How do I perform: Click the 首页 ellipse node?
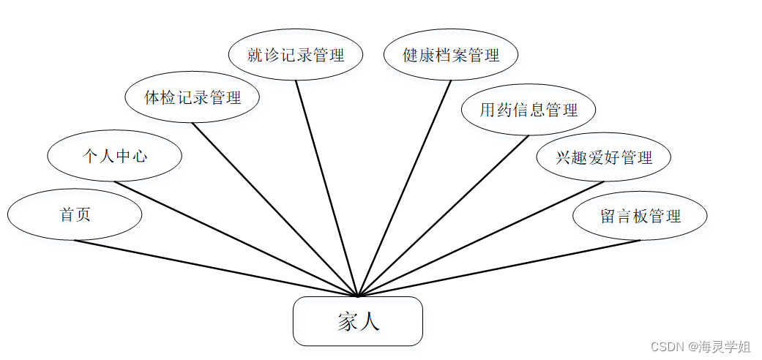pyautogui.click(x=75, y=215)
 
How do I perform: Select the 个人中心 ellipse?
pyautogui.click(x=114, y=156)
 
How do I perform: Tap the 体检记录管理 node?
pyautogui.click(x=193, y=97)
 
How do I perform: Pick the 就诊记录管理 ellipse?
pyautogui.click(x=296, y=55)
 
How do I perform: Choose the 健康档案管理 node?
pyautogui.click(x=451, y=55)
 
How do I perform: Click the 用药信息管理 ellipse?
pyautogui.click(x=528, y=110)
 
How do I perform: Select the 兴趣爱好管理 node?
pyautogui.click(x=603, y=157)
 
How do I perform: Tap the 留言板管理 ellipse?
pyautogui.click(x=640, y=216)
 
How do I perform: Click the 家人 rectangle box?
pyautogui.click(x=358, y=321)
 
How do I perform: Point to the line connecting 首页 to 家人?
pyautogui.click(x=217, y=269)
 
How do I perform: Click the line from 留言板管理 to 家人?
pyautogui.click(x=499, y=269)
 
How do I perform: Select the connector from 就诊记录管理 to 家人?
pyautogui.click(x=327, y=189)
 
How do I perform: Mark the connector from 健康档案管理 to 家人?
pyautogui.click(x=405, y=189)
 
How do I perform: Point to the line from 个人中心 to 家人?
pyautogui.click(x=236, y=239)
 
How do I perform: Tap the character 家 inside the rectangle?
pyautogui.click(x=347, y=322)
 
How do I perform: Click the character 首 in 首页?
pyautogui.click(x=67, y=215)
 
